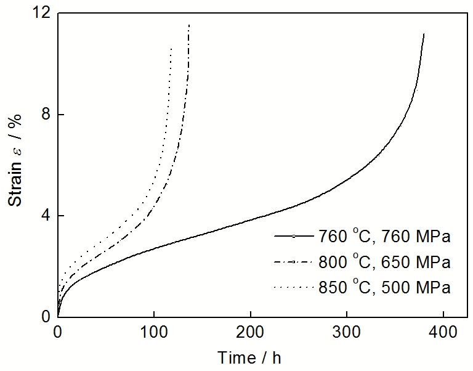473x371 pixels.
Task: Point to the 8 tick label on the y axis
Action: [45, 115]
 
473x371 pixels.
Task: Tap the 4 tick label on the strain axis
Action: [45, 216]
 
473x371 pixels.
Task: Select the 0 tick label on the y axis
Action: [45, 317]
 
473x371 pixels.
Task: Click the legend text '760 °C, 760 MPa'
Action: [386, 236]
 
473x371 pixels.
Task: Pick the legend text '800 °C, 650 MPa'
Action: [386, 262]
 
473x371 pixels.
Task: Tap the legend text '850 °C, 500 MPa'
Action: [386, 287]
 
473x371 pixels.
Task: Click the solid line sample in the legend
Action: [294, 236]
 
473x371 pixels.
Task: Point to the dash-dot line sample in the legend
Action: [294, 262]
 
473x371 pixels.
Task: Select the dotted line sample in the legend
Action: [294, 287]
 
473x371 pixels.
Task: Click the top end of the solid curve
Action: [424, 34]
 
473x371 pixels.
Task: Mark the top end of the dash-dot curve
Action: [189, 25]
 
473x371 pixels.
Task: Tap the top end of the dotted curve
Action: [171, 48]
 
